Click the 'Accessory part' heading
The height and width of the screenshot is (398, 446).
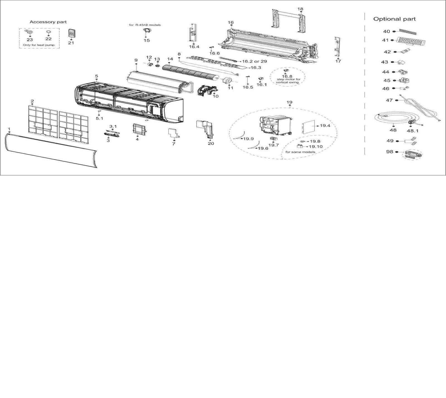coord(48,22)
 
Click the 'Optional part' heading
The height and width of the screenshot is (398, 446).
coord(394,19)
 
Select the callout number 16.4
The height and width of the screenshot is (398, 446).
coord(194,47)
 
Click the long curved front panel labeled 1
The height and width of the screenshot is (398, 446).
coord(50,151)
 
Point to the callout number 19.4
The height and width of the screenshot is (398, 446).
coord(325,126)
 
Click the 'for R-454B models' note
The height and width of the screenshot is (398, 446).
coord(145,25)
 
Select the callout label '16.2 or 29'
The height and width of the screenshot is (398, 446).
coord(254,61)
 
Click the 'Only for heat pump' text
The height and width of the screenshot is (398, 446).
coord(39,45)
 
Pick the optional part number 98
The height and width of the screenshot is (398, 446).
coord(389,152)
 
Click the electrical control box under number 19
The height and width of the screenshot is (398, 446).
coord(276,125)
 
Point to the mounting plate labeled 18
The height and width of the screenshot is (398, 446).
coord(288,21)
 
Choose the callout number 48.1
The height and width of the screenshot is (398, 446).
coord(413,131)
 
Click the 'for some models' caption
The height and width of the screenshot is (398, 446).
coord(300,152)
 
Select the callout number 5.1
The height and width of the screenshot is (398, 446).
coord(99,118)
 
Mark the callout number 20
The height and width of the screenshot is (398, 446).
coord(211,144)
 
